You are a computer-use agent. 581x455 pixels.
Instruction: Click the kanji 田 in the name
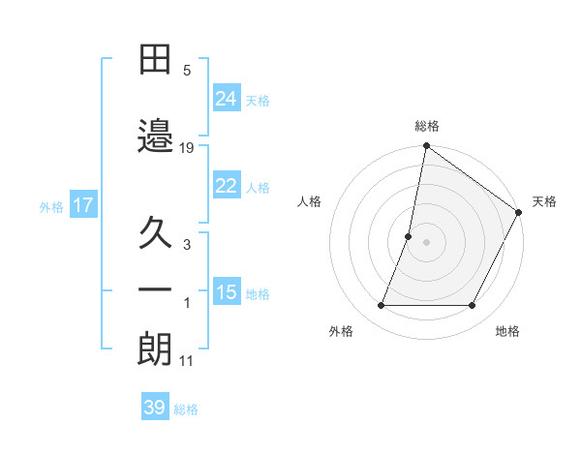(155, 61)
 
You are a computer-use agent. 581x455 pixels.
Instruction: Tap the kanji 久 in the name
(155, 234)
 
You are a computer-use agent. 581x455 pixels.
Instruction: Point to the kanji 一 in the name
(155, 290)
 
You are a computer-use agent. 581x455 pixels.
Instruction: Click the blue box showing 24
(227, 98)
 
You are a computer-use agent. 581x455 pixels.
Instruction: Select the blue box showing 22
(227, 186)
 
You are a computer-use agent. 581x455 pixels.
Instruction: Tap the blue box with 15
(227, 291)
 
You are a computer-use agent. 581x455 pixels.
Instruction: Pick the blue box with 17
(83, 205)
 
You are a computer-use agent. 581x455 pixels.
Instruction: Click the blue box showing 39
(155, 408)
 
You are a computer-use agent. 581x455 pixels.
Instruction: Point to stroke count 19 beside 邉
(187, 148)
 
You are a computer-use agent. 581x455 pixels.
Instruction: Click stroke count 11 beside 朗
(187, 361)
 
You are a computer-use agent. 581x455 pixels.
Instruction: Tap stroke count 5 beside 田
(187, 71)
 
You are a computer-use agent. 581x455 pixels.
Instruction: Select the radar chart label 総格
(427, 126)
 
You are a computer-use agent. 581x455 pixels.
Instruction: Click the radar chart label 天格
(544, 201)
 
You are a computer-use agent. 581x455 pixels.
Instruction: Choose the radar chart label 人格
(310, 201)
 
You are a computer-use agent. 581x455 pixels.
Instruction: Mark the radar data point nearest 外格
(381, 306)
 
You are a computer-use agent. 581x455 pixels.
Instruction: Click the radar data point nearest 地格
(473, 306)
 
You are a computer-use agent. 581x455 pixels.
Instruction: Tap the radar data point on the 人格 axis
(409, 236)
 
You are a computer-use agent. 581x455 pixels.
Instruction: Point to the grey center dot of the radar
(426, 242)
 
